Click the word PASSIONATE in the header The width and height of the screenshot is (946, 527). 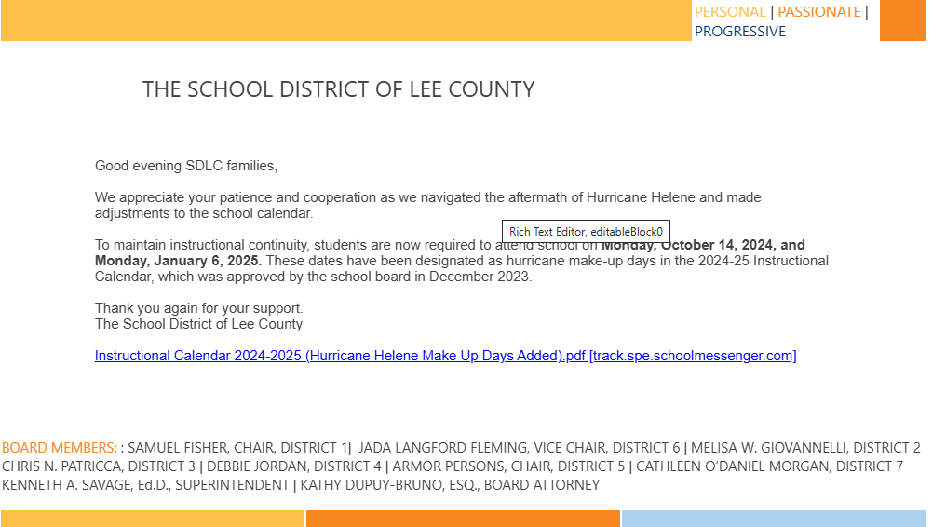coord(818,12)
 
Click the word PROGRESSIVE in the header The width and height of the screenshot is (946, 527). coord(739,32)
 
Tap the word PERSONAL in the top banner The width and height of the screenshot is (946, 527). coord(729,12)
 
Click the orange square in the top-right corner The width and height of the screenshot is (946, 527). coord(901,20)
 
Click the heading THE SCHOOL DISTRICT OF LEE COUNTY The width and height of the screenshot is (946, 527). coord(338,89)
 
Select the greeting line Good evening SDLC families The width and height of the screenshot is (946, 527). coord(186,166)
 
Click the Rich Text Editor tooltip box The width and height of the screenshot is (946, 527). coord(586,232)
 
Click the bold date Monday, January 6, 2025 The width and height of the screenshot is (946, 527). coord(178,261)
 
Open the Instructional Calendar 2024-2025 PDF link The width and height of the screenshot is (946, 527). coord(445,356)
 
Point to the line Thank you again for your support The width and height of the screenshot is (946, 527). coord(198,308)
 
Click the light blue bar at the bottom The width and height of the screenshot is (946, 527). coord(773,519)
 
